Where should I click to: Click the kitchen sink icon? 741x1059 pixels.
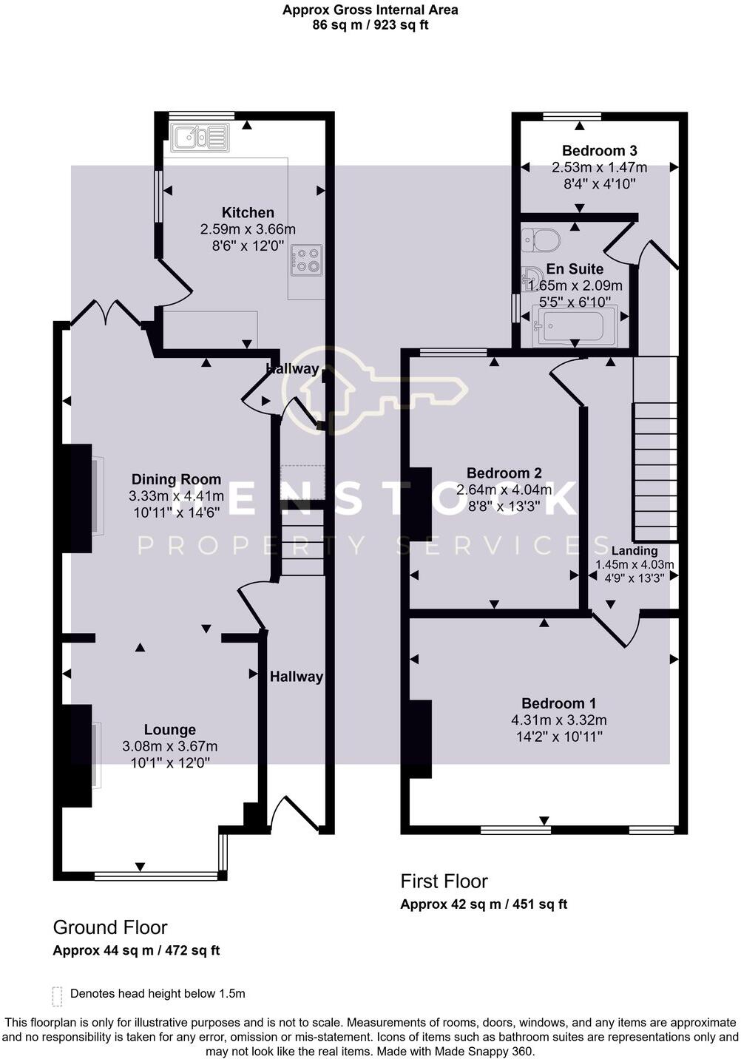[x=200, y=137]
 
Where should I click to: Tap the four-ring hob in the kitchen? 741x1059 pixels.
[x=306, y=260]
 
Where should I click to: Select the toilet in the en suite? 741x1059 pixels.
[x=541, y=240]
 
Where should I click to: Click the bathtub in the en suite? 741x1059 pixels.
[x=575, y=326]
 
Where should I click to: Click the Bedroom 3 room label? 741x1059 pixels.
[x=599, y=151]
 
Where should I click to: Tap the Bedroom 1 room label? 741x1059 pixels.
[x=558, y=703]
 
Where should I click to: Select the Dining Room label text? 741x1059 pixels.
[x=176, y=479]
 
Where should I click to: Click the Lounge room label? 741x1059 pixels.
[x=169, y=730]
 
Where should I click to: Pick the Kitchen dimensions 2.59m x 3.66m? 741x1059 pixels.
[x=248, y=229]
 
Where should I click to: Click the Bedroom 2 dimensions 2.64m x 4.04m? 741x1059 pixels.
[x=504, y=490]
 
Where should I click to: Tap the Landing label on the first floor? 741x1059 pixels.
[x=635, y=551]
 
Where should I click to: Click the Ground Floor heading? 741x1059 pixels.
[x=110, y=927]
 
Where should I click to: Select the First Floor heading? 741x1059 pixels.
[x=444, y=882]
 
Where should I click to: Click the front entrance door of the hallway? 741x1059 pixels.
[x=296, y=813]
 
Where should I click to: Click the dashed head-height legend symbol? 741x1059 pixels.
[x=57, y=995]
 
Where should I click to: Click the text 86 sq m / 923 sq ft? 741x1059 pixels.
[x=370, y=25]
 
